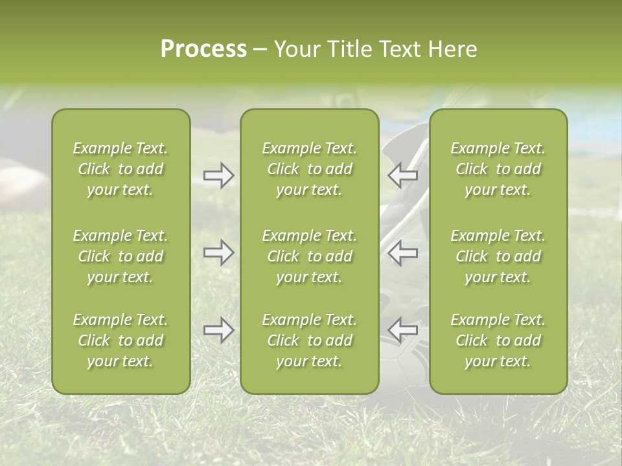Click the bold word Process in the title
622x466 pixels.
pos(203,49)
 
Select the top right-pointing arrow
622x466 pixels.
pos(218,175)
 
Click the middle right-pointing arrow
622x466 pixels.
pos(218,252)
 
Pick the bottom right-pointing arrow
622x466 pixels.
pos(218,330)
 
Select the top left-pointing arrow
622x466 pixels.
pos(403,175)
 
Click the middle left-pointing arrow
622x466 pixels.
pos(403,252)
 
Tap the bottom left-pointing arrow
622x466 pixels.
pos(403,330)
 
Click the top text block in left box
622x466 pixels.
pos(121,169)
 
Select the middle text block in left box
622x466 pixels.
pos(121,256)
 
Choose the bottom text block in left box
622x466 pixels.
pos(121,340)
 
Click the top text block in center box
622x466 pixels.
pos(309,169)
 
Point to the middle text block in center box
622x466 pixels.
pos(309,256)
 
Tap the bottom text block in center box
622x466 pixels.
pos(309,340)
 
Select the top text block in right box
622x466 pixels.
pos(498,169)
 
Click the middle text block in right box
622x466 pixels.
pos(498,256)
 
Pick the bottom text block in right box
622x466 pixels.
pos(498,340)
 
